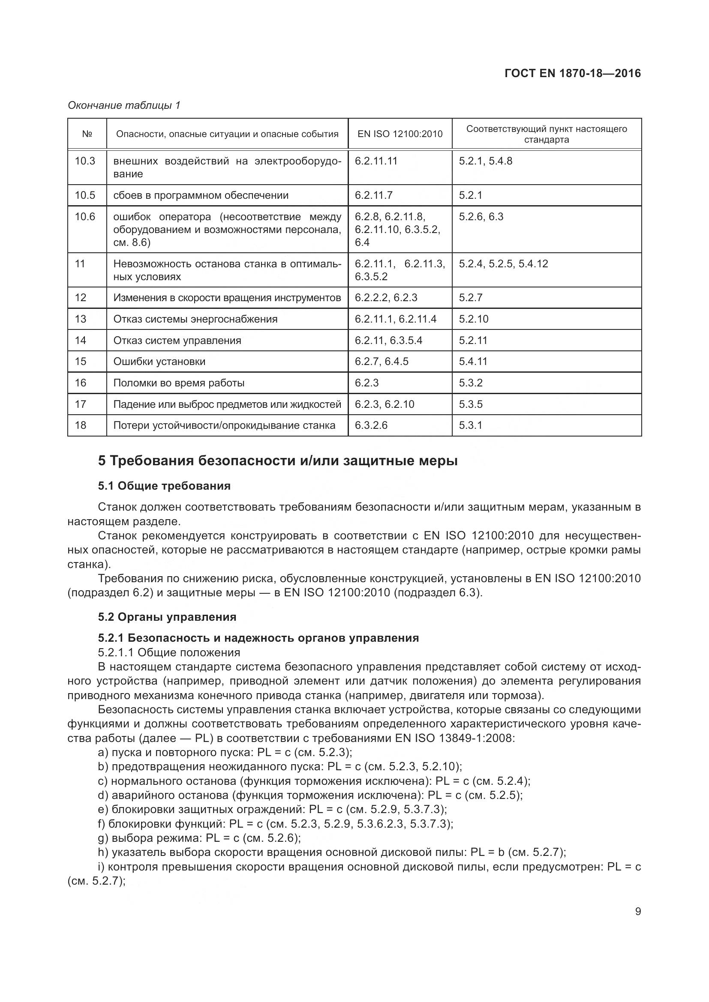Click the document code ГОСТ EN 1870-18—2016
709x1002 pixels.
tap(572, 73)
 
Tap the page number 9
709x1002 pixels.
tap(638, 911)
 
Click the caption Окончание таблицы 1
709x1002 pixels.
tap(124, 105)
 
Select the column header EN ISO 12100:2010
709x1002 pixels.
tap(400, 134)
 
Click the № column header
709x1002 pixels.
tap(87, 134)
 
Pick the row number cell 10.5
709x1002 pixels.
tap(85, 195)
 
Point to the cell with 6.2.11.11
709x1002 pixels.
tap(376, 161)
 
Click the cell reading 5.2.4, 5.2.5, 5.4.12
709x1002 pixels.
tap(503, 263)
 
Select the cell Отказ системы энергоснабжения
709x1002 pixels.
tap(195, 319)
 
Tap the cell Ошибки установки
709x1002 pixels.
tap(159, 362)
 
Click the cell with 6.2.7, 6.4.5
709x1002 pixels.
tap(382, 362)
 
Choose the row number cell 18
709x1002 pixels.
tap(81, 425)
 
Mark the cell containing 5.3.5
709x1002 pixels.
tap(471, 404)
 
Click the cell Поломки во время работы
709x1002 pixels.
tap(179, 383)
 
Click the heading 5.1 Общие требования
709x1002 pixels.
tap(164, 486)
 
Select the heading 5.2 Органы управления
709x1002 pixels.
tap(167, 616)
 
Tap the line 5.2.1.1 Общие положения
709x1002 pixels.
tap(169, 652)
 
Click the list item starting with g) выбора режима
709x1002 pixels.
tap(199, 838)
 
